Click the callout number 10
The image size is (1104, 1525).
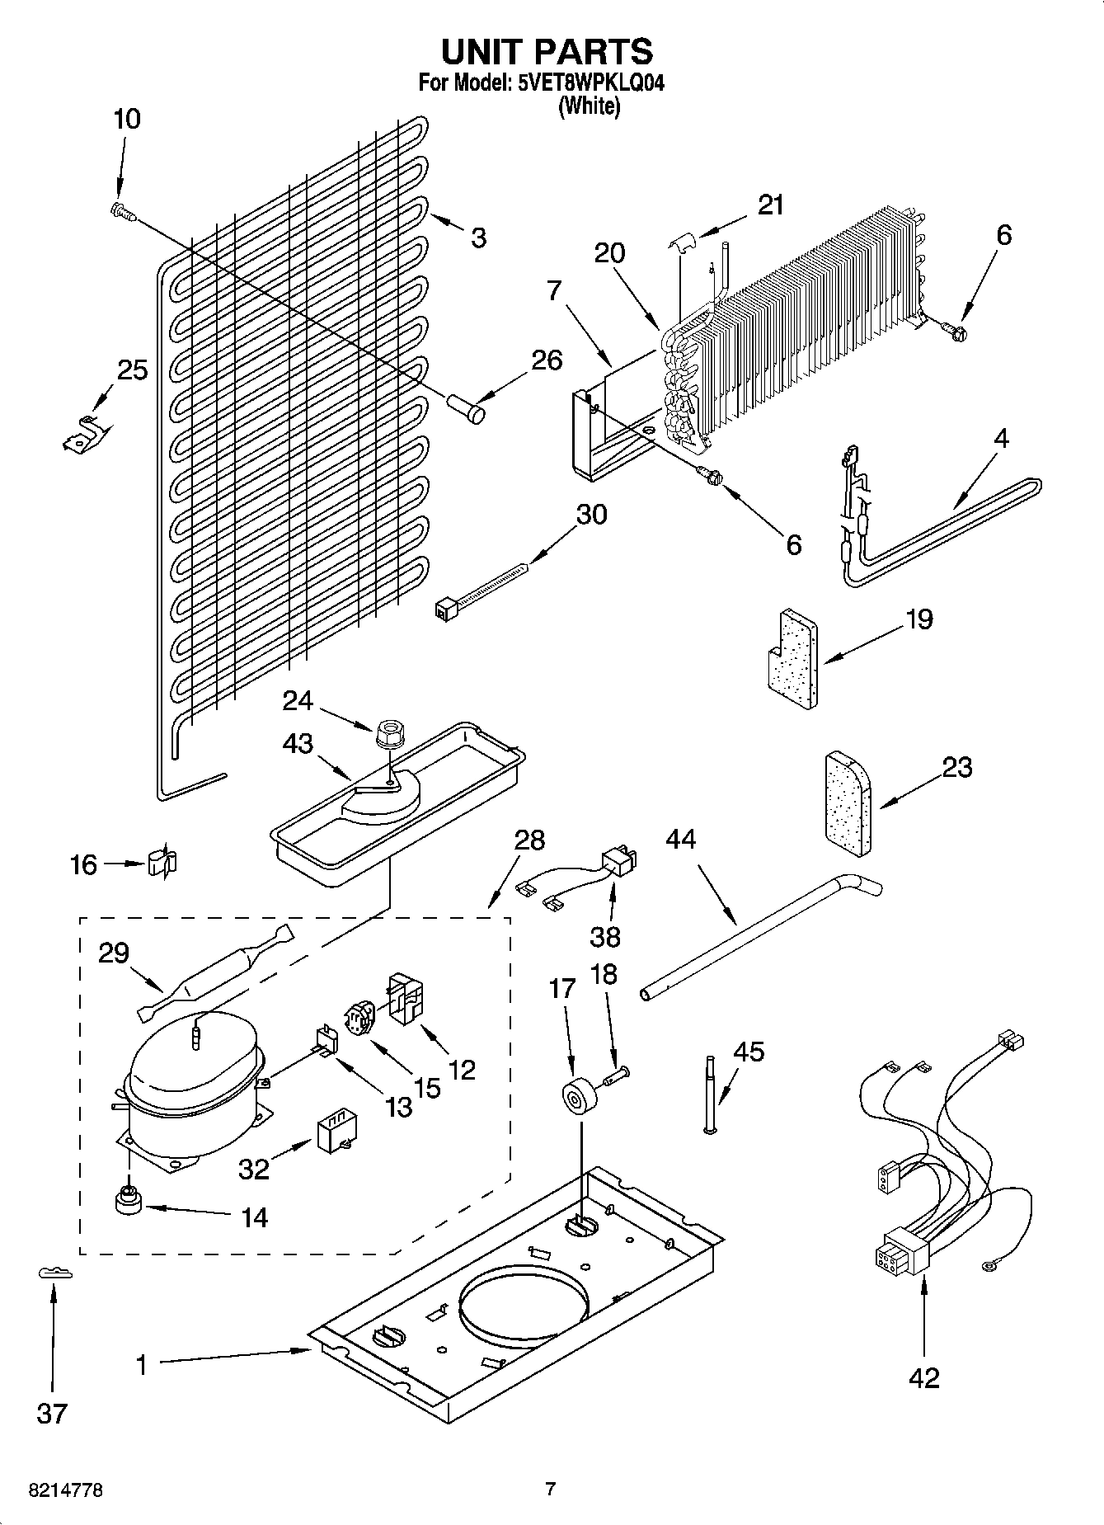tap(126, 120)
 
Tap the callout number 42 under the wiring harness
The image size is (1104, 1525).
tap(924, 1377)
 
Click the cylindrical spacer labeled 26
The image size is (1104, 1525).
tap(467, 408)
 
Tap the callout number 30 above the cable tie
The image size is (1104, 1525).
tap(591, 515)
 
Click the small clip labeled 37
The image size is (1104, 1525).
tap(54, 1273)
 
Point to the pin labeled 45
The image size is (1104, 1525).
tap(708, 1094)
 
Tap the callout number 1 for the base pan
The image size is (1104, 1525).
tap(142, 1366)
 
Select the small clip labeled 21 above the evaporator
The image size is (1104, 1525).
tap(681, 242)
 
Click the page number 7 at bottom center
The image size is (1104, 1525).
tap(551, 1490)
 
